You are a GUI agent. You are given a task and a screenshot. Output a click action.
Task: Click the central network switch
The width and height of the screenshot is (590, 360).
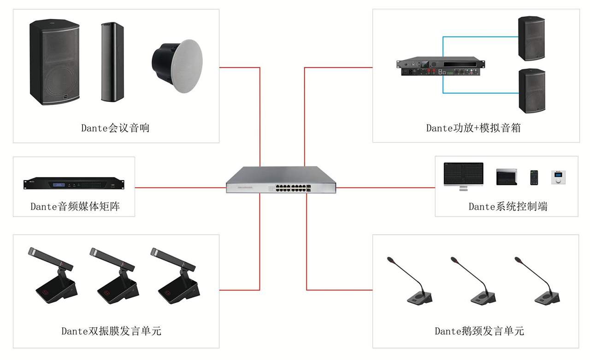pos(281,181)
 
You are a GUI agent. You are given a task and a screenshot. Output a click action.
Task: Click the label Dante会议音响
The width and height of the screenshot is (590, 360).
pos(115,128)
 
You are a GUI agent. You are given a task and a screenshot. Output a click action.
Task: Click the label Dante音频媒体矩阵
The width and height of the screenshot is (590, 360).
pos(75,207)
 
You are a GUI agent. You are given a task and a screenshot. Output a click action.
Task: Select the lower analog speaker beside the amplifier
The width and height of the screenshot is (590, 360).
pos(531,91)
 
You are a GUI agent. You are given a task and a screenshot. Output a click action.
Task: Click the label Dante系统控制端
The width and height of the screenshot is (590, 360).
pos(508,207)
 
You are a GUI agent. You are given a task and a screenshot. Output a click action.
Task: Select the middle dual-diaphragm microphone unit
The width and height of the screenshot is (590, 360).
pos(115,277)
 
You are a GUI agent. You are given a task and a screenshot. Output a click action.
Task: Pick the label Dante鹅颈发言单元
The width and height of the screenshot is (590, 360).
pos(479,331)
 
